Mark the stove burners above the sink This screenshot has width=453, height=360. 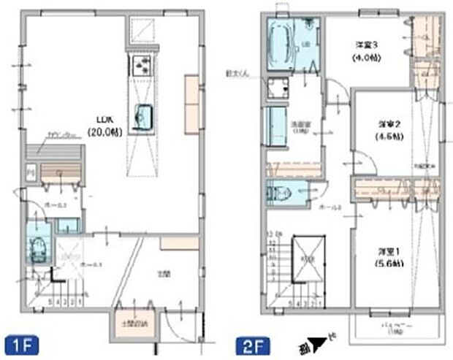pyautogui.click(x=141, y=64)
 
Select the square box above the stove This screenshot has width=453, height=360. pyautogui.click(x=141, y=31)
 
